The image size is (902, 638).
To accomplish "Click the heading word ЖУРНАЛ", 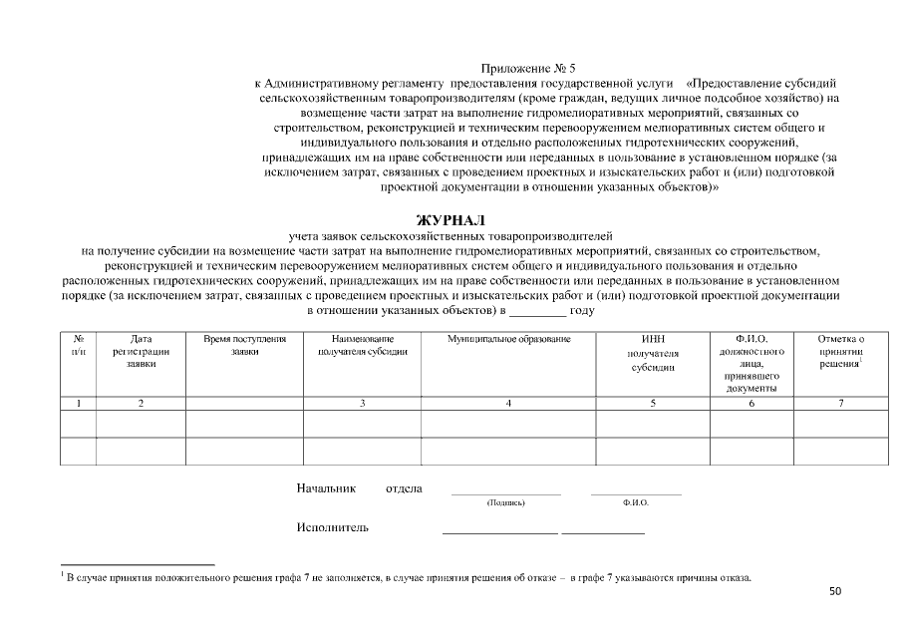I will [x=451, y=219].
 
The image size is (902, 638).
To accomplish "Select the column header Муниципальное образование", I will [x=508, y=340].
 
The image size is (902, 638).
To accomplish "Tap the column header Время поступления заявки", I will [x=244, y=346].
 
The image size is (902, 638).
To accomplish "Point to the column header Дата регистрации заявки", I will [x=141, y=352].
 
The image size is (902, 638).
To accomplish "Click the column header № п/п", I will [x=78, y=346].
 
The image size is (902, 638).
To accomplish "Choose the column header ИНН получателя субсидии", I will [x=653, y=353].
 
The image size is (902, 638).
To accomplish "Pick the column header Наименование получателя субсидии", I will [x=362, y=346].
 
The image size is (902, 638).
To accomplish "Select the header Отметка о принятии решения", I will [x=839, y=352].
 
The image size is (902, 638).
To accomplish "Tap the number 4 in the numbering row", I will [x=508, y=403].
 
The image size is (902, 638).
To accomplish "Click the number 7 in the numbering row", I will [x=840, y=403].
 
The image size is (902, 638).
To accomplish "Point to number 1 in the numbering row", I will [x=78, y=403].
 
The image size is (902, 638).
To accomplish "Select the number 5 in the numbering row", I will [x=653, y=403].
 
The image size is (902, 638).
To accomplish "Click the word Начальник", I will [x=325, y=488].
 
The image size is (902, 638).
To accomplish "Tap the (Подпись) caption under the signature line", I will [x=505, y=503].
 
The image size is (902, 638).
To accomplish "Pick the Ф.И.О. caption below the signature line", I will [x=635, y=503].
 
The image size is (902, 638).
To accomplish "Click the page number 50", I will [x=835, y=591].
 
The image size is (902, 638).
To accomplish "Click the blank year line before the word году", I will [x=537, y=311].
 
